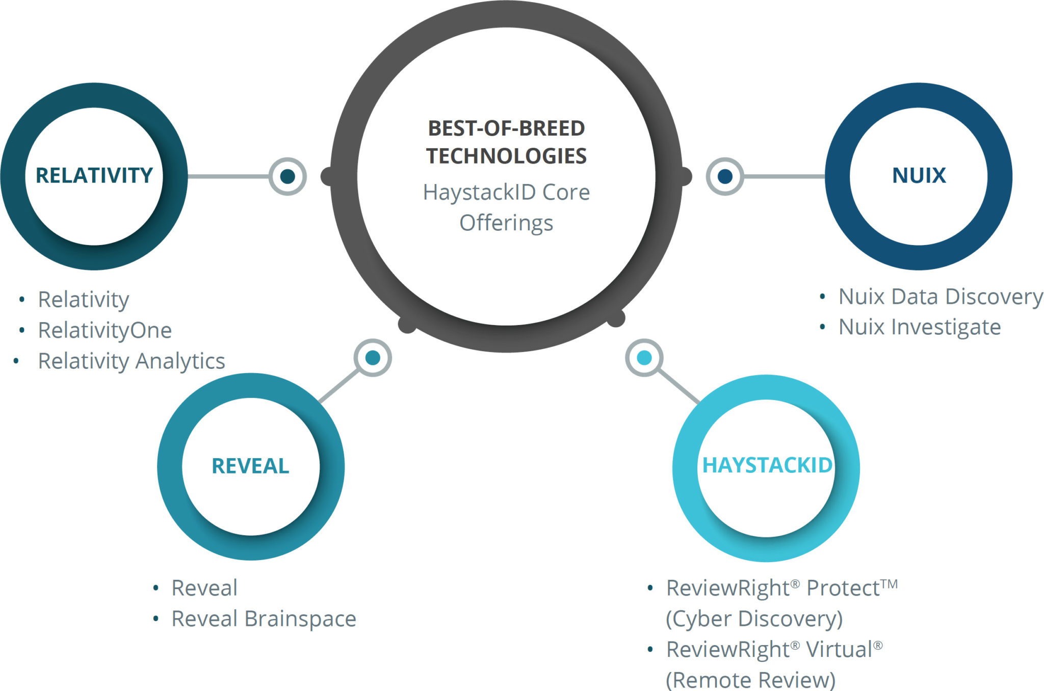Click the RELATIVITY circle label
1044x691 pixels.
tap(94, 175)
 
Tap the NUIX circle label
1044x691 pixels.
tap(919, 175)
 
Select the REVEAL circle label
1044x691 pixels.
tap(250, 466)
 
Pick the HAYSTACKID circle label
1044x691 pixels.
tap(767, 465)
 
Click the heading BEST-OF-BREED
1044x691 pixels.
tap(506, 128)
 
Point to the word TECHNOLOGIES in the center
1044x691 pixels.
tap(506, 156)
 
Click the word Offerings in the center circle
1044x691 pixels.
tap(506, 223)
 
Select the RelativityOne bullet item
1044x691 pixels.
tap(105, 330)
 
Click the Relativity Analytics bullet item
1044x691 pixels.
tap(132, 361)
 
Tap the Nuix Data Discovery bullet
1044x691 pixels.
tap(941, 297)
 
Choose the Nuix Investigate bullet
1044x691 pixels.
tap(920, 327)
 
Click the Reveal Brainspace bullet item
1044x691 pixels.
tap(264, 619)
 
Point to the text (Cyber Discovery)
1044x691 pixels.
tap(754, 619)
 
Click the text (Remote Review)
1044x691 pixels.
tap(750, 680)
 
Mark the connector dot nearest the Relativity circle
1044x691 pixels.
tap(288, 176)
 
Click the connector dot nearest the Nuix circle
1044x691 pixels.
tap(725, 176)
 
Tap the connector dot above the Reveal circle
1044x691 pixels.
tap(373, 358)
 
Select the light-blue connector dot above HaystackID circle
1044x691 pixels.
tap(644, 358)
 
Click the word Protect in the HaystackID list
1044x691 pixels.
tap(843, 588)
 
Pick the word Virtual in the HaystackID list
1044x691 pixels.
tap(839, 650)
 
